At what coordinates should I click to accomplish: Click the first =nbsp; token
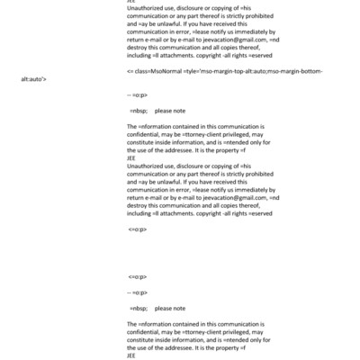(138, 110)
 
